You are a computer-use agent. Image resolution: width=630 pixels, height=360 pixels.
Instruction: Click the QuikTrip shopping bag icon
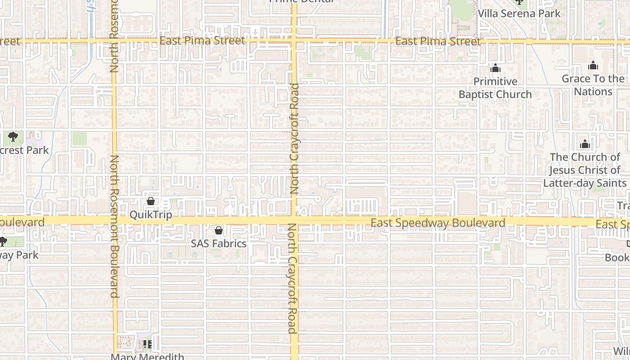click(151, 202)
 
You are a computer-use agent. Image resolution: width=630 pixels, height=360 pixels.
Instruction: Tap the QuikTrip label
click(151, 215)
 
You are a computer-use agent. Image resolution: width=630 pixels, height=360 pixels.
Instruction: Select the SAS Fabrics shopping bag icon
click(219, 231)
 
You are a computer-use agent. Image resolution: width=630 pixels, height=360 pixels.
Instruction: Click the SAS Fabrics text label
click(219, 243)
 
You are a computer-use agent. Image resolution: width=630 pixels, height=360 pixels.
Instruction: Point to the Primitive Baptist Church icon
click(495, 68)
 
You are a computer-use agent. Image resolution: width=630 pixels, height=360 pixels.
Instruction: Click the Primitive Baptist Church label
click(495, 88)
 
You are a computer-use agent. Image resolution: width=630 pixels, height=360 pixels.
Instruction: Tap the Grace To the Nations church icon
click(593, 66)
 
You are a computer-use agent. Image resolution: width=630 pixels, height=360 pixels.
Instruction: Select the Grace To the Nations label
click(593, 85)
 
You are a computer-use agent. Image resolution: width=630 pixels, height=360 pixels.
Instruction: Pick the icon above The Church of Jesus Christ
click(585, 144)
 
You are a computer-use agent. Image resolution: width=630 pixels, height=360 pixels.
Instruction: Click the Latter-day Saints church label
click(585, 170)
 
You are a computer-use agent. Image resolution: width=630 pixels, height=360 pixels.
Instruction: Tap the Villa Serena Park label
click(519, 13)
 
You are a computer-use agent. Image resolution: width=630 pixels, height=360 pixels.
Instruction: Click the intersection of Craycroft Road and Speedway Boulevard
click(294, 220)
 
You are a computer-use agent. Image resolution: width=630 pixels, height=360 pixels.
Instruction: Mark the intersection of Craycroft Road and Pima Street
click(294, 41)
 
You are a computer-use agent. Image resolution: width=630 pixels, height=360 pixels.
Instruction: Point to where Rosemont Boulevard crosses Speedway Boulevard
click(114, 220)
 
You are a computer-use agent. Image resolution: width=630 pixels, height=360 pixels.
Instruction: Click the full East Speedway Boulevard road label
click(438, 223)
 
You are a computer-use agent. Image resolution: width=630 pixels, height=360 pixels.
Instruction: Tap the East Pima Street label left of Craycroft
click(202, 40)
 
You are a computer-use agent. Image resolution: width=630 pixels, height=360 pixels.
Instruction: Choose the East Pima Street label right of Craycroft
click(438, 42)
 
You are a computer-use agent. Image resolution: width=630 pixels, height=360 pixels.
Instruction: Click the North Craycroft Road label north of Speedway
click(295, 139)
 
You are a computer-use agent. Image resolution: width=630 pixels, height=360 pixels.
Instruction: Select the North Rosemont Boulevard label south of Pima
click(114, 226)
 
